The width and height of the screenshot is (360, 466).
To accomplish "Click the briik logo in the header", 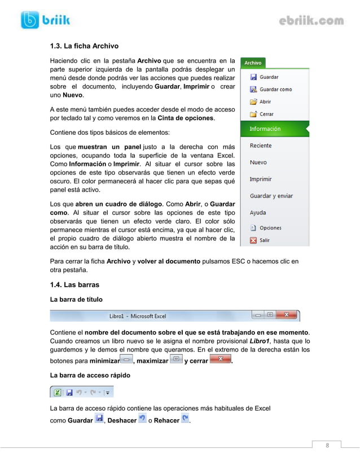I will tap(45, 20).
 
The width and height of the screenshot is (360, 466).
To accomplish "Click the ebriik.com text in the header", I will tap(311, 21).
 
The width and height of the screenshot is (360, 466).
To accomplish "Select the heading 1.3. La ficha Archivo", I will tap(84, 46).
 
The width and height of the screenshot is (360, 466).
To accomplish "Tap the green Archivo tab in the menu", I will tap(252, 63).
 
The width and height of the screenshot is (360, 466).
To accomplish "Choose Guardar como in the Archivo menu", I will tap(275, 89).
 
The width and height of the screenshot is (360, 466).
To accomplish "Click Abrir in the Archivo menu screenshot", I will tap(265, 102).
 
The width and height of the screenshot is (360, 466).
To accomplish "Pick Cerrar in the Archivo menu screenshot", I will tap(266, 114).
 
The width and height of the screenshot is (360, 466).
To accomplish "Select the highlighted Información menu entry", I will tap(265, 129).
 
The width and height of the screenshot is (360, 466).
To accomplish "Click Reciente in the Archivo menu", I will tap(261, 146).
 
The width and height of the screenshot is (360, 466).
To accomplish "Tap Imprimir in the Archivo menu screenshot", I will tap(261, 179).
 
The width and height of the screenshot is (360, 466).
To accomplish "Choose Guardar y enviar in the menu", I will tap(271, 196).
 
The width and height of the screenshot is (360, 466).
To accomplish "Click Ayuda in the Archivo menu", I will tap(258, 213).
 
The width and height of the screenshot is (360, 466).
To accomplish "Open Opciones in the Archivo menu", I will tap(270, 228).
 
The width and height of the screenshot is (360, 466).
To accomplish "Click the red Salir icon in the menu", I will tap(253, 240).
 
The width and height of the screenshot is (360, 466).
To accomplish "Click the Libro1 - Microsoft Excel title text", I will tap(137, 316).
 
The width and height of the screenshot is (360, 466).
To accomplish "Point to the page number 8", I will tap(326, 446).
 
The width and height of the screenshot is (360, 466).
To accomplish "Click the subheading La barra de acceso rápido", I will tap(90, 375).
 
